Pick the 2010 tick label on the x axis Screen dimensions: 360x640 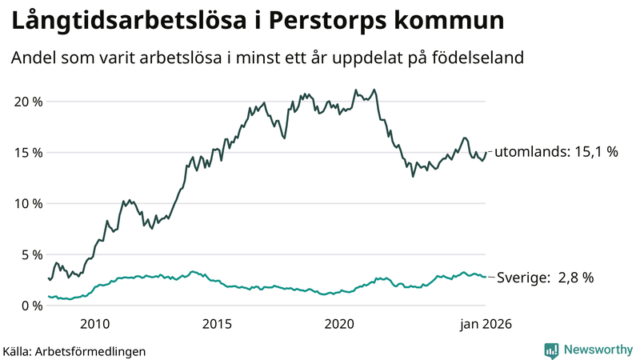(94, 324)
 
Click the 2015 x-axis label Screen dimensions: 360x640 (217, 324)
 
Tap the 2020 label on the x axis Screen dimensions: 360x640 (339, 324)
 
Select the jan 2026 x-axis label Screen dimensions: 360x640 (485, 324)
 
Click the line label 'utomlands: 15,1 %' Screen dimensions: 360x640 (556, 152)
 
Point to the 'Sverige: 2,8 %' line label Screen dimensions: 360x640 (546, 278)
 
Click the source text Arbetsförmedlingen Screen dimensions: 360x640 (91, 350)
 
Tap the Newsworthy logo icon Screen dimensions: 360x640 (551, 350)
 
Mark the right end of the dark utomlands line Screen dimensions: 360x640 (486, 152)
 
